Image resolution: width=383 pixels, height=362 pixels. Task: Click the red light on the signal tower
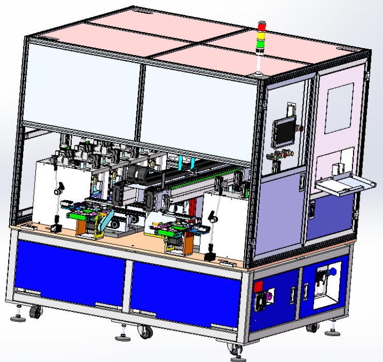(262, 26)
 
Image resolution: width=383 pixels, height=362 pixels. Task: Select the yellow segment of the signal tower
(262, 35)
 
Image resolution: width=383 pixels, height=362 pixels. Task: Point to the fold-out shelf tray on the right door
(343, 185)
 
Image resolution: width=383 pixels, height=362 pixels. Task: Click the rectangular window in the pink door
(339, 108)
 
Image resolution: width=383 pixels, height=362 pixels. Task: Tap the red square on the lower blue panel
(259, 285)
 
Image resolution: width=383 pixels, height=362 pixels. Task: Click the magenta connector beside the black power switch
(269, 297)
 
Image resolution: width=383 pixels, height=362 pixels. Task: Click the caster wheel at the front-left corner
(36, 312)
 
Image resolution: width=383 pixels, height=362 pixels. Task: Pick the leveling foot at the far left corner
(19, 316)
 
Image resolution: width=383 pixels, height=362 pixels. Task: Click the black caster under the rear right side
(312, 326)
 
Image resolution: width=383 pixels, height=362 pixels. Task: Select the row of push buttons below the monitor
(279, 154)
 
